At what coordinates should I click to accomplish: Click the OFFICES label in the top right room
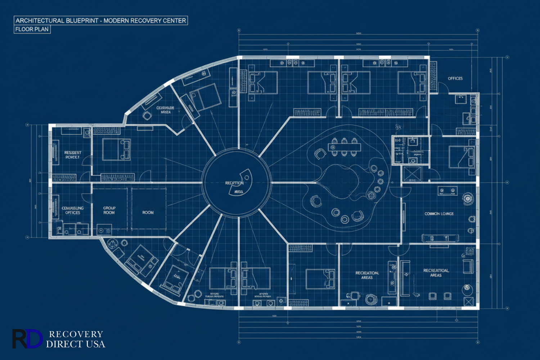click(x=455, y=78)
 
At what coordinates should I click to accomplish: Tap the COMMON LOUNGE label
click(x=439, y=214)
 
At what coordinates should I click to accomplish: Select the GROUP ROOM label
click(x=109, y=210)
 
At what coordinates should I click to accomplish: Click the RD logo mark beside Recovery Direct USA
click(x=27, y=339)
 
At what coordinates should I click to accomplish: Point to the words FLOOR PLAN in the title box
click(x=32, y=30)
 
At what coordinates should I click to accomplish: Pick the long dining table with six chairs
click(x=344, y=147)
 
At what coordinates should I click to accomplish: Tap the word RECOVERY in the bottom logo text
click(x=76, y=334)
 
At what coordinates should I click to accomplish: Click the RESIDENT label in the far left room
click(x=73, y=153)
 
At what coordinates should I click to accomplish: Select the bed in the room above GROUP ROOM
click(x=116, y=149)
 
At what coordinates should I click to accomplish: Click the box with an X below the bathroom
click(x=411, y=174)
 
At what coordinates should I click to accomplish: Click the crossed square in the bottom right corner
click(x=468, y=302)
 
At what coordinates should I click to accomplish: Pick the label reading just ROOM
click(x=148, y=213)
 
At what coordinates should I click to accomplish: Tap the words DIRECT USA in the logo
click(x=76, y=345)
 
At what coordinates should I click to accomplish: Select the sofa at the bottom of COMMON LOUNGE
click(x=440, y=238)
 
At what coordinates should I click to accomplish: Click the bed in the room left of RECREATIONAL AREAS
click(x=320, y=279)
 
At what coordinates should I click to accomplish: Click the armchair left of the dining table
click(x=320, y=154)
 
